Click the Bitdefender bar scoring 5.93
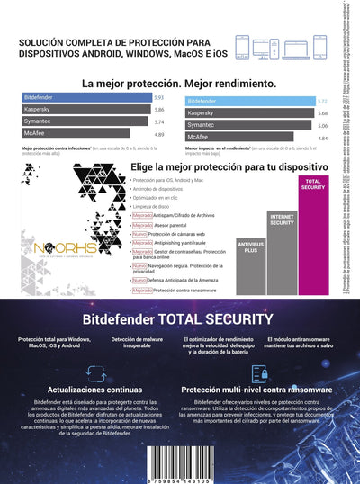pos(85,96)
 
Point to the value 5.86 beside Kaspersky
pos(158,109)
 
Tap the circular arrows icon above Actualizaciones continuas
pos(82,372)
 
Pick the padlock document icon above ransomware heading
pos(259,372)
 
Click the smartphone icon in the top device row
pos(242,47)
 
